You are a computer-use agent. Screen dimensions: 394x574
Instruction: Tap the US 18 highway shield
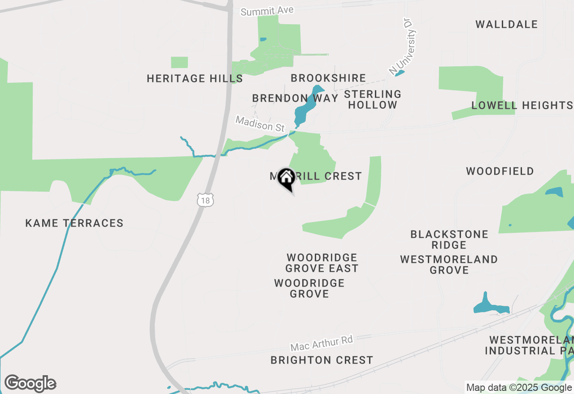tap(205, 200)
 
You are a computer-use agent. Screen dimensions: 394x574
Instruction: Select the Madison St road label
tap(260, 124)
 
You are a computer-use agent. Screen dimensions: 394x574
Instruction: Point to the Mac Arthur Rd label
tap(322, 343)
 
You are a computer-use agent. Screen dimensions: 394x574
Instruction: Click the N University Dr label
tap(403, 46)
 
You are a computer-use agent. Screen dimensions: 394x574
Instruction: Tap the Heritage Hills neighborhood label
tap(195, 79)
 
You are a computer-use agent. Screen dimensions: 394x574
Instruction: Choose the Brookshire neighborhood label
tap(328, 78)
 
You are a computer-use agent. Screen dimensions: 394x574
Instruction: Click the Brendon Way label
tap(295, 98)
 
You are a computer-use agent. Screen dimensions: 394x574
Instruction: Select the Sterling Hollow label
tap(373, 99)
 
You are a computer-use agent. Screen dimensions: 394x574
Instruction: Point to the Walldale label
tap(506, 24)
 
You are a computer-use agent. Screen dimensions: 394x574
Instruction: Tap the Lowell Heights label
tap(522, 106)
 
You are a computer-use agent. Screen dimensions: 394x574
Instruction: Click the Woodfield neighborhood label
tap(500, 171)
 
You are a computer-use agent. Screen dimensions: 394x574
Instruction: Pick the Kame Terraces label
tap(74, 223)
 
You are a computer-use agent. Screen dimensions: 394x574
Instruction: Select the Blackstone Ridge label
tap(449, 240)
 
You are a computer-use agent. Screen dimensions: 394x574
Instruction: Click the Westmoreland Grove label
tap(449, 265)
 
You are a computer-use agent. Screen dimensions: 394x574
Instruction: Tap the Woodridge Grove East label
tap(322, 263)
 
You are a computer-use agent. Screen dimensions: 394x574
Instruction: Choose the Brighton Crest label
tap(322, 360)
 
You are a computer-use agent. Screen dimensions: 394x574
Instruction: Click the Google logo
tap(30, 384)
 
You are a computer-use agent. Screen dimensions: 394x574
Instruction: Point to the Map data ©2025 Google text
tap(519, 388)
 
